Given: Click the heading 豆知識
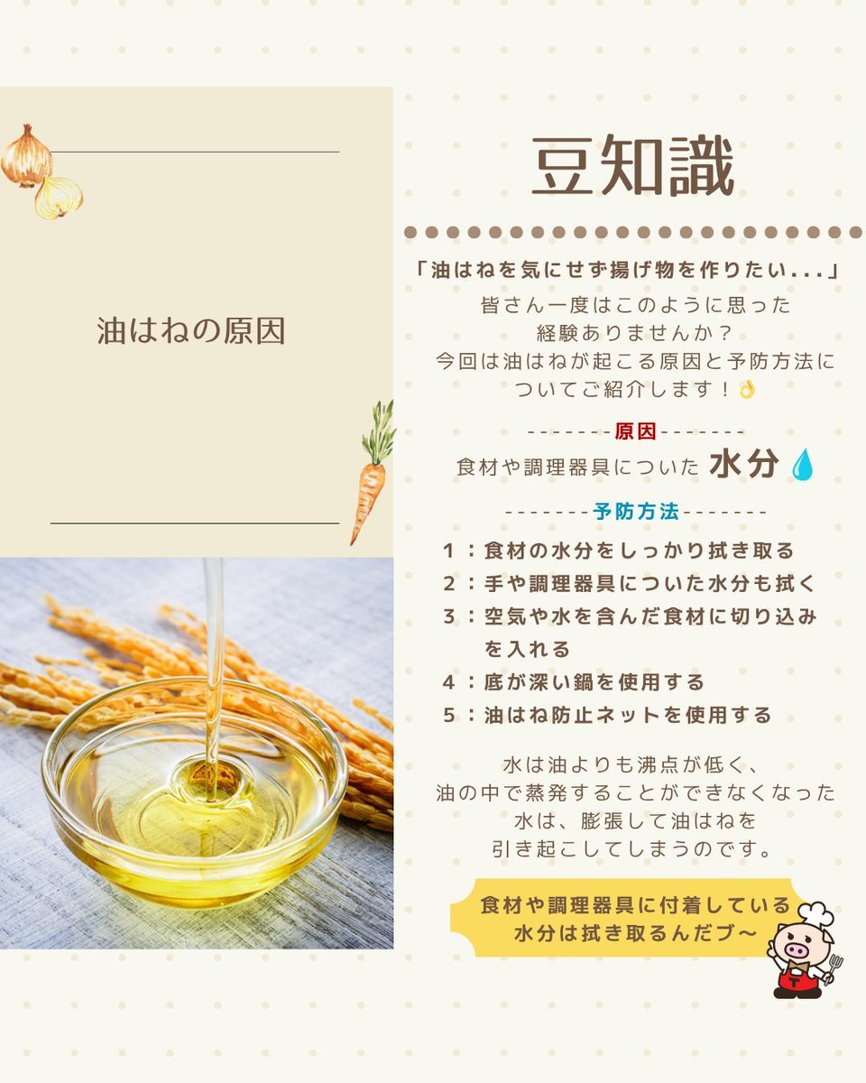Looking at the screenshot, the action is pyautogui.click(x=632, y=165).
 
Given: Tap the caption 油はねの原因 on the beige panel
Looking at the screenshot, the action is pyautogui.click(x=191, y=330).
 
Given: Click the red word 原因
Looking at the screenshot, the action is pyautogui.click(x=636, y=431).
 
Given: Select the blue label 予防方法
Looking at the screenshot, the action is pyautogui.click(x=636, y=512).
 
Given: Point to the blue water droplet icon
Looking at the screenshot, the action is pyautogui.click(x=802, y=465).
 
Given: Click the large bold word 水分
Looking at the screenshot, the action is pyautogui.click(x=743, y=464).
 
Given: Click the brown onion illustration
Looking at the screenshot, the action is pyautogui.click(x=26, y=157).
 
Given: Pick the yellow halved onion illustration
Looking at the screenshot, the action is pyautogui.click(x=59, y=198).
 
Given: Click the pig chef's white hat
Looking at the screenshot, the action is pyautogui.click(x=816, y=912).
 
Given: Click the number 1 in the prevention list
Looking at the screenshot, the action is pyautogui.click(x=449, y=551).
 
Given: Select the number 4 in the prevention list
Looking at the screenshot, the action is pyautogui.click(x=449, y=682).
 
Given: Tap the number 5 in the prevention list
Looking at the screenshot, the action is pyautogui.click(x=449, y=715).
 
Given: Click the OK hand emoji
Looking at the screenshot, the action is pyautogui.click(x=747, y=389).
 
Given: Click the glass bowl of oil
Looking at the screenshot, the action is pyautogui.click(x=195, y=792).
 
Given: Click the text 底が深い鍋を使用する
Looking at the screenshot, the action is pyautogui.click(x=594, y=682).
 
